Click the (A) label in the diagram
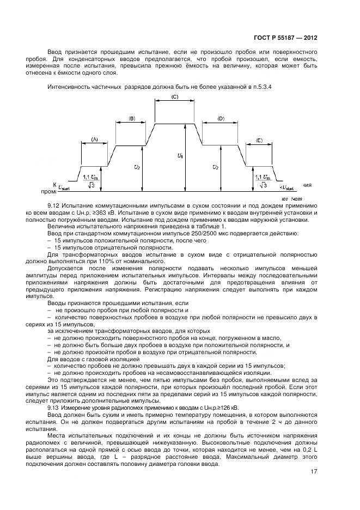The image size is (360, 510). coord(95,139)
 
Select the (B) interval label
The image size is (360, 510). coord(132,118)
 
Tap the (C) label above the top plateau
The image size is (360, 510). coord(175,96)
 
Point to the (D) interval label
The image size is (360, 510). coord(221,118)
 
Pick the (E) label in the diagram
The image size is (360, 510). coord(259,140)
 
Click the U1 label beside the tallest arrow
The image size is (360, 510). coord(180,156)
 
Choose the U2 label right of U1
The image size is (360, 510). coord(216,167)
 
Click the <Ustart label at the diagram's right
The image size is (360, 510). coord(285,187)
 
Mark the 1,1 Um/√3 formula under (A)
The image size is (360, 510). coord(91,181)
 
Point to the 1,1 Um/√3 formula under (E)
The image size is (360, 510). coord(263,181)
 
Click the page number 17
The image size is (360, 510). coord(314,472)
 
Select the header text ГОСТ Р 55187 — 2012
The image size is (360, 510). coord(285,38)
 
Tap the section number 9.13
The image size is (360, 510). coord(53,407)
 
